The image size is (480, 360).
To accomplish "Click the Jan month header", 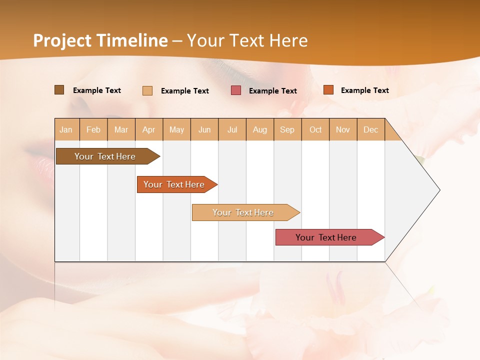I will tap(66, 129).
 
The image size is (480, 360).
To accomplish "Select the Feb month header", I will tap(93, 129).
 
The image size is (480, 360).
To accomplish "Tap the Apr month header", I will tap(149, 129).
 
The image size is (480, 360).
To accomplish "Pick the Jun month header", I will tap(204, 129).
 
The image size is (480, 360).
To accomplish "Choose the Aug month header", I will tap(260, 129).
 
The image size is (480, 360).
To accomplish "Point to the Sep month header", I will tap(287, 129).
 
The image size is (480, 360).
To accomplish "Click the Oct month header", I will tap(315, 129).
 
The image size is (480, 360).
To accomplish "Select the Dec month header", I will tap(371, 129).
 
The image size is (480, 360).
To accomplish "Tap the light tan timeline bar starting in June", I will tap(243, 212).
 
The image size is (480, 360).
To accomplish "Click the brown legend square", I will tap(59, 90).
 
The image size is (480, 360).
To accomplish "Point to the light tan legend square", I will tap(147, 90).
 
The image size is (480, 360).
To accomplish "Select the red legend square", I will tap(236, 90).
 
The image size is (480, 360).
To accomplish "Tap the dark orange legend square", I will tap(328, 90).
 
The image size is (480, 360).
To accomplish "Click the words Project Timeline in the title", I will tap(100, 40).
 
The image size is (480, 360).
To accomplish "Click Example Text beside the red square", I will tap(273, 90).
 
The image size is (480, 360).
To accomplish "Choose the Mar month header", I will tap(121, 129).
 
